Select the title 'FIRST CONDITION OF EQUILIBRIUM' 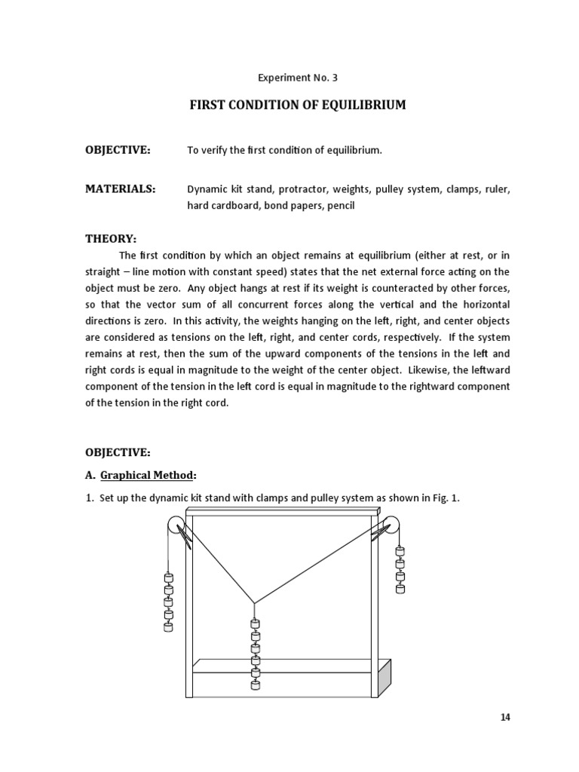[296, 105]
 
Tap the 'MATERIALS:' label [121, 189]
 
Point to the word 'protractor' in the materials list [286, 190]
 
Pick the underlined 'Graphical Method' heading [147, 475]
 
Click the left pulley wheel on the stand [176, 526]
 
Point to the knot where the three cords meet [254, 603]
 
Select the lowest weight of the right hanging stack [400, 587]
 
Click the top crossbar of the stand [280, 513]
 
